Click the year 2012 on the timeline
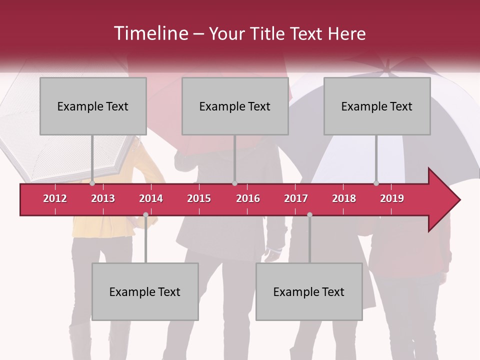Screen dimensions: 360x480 click(x=55, y=198)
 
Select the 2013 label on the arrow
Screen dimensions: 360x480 click(x=103, y=198)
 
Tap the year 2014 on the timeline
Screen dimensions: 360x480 click(x=151, y=198)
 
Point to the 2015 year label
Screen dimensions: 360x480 click(x=199, y=198)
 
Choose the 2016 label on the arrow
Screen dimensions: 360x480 click(x=248, y=198)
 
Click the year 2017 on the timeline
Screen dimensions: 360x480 click(x=296, y=198)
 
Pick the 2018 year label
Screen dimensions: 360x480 click(x=344, y=198)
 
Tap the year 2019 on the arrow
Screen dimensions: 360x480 click(x=392, y=198)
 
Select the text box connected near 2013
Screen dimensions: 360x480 click(x=93, y=106)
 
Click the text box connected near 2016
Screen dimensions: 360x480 click(x=235, y=106)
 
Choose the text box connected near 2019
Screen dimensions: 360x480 click(x=377, y=106)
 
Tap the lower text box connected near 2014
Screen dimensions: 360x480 click(x=145, y=291)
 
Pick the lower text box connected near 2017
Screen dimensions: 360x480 click(x=309, y=291)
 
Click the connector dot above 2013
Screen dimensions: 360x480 click(x=92, y=183)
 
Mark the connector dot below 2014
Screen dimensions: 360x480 click(x=145, y=214)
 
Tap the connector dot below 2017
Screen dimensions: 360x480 click(x=309, y=214)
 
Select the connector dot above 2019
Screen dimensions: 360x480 click(x=376, y=183)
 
